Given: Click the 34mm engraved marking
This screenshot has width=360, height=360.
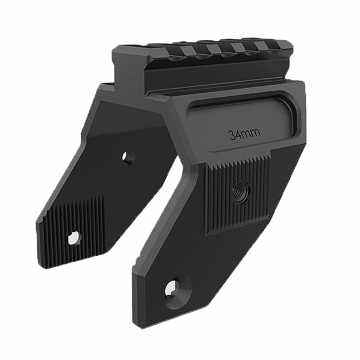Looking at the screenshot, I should coord(244,134).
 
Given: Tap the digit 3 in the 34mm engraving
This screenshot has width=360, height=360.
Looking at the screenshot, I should coord(232,135).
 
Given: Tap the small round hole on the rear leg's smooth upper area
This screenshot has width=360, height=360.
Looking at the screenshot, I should coord(127,156).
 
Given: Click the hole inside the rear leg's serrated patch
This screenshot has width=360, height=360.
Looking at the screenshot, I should coord(73,237).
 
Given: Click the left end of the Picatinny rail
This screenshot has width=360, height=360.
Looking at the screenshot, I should coord(118,55).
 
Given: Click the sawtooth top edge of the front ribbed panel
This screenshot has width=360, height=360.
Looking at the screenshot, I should coord(236,164).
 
